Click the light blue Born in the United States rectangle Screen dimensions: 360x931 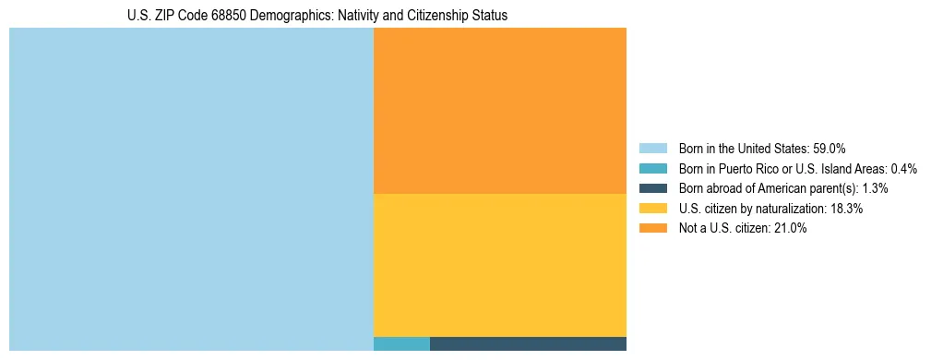coord(191,189)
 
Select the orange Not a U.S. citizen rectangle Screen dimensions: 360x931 coord(499,111)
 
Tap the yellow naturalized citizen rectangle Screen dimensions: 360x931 coord(499,265)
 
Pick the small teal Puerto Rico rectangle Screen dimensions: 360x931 coord(401,344)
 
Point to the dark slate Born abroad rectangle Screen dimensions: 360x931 coord(528,344)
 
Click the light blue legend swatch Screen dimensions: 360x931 coord(652,148)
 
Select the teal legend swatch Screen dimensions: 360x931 coord(652,168)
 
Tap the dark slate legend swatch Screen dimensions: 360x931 coord(652,188)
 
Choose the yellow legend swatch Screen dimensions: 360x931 coord(652,209)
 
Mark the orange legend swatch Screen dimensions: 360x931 coord(652,229)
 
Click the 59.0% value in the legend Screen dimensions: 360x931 coord(830,148)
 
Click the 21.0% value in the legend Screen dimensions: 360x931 coord(791,229)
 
